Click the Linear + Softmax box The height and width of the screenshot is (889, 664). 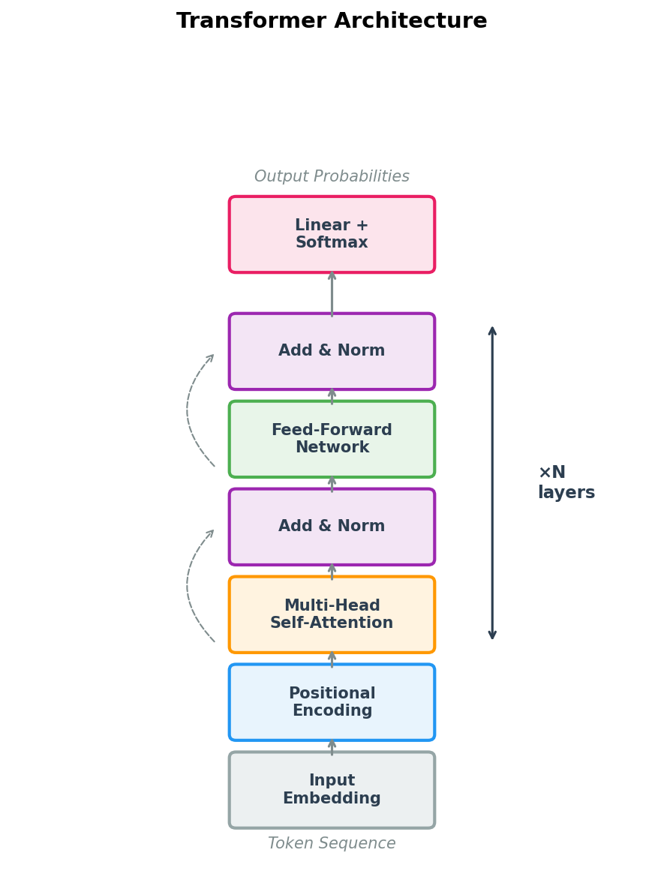[332, 234]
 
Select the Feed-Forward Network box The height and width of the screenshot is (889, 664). [332, 439]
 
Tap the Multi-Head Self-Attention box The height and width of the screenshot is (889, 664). [332, 614]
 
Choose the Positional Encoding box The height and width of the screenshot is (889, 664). [332, 702]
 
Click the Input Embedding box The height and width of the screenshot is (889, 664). [332, 790]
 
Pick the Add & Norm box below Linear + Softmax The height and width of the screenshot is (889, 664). [332, 351]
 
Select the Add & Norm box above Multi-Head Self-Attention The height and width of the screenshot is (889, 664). [332, 527]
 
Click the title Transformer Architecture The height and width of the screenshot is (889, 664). [332, 21]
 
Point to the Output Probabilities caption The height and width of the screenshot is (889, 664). [332, 177]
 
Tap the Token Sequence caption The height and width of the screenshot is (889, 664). [332, 843]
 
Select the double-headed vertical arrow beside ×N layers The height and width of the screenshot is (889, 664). [492, 482]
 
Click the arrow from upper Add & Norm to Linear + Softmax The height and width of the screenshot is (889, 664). [332, 294]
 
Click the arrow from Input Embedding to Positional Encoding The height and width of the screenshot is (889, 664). [332, 746]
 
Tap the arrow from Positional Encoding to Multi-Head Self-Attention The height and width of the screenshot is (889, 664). [332, 659]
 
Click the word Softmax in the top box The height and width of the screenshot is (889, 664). [332, 243]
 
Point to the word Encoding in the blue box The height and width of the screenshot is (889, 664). [332, 711]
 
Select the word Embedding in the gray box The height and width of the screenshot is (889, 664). [332, 799]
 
